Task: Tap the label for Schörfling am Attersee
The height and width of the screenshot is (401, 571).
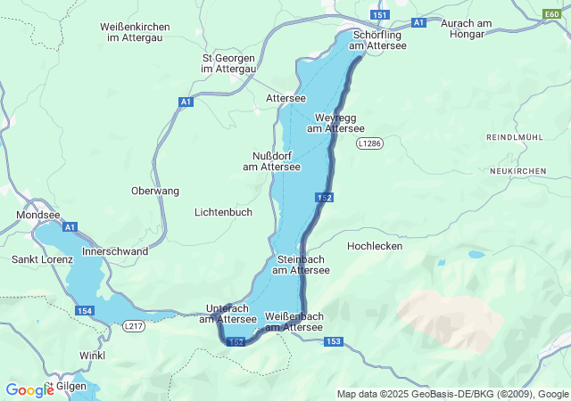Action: click(377, 40)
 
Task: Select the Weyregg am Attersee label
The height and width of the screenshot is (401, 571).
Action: click(335, 123)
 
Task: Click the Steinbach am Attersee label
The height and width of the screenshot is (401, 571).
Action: click(301, 265)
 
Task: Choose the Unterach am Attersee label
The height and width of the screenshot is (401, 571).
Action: click(228, 314)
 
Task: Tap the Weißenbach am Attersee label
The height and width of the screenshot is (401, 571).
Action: click(294, 322)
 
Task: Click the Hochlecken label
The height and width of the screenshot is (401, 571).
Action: click(375, 246)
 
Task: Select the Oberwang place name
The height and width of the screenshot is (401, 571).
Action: click(155, 191)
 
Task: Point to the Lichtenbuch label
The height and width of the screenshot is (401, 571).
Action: click(223, 212)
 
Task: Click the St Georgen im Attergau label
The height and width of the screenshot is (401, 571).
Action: click(229, 63)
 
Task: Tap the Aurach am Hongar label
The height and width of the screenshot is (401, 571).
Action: click(462, 28)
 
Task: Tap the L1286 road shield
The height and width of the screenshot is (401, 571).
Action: click(368, 143)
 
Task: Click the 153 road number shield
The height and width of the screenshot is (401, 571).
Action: click(334, 341)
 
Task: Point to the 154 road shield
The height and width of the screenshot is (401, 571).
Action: click(85, 310)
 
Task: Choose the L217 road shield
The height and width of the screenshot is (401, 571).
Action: click(134, 326)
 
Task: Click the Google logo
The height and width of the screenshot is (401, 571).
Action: click(29, 389)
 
